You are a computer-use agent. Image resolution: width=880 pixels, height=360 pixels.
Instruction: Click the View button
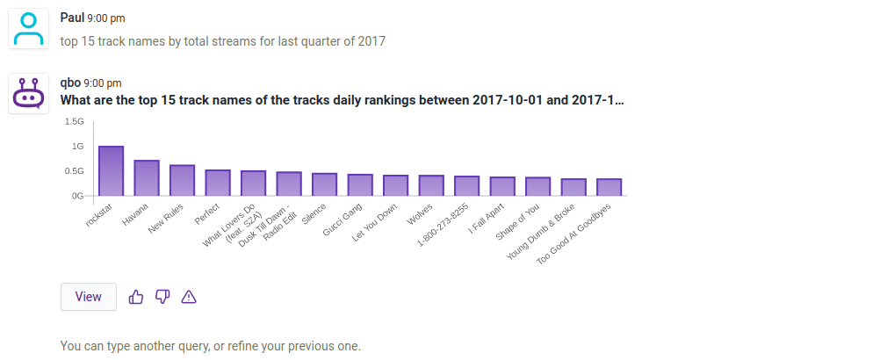[x=88, y=297]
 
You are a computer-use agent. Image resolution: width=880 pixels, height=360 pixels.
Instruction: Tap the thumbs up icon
[x=136, y=297]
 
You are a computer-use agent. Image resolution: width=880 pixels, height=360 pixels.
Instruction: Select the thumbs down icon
[x=162, y=297]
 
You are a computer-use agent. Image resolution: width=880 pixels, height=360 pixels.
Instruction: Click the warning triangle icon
[x=188, y=297]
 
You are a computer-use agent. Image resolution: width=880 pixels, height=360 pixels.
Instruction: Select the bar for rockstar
[x=111, y=171]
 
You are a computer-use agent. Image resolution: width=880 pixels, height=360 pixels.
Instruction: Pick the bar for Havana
[x=147, y=178]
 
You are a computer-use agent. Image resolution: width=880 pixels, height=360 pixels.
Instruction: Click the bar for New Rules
[x=182, y=180]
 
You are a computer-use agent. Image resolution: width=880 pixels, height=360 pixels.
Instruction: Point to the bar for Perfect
[x=218, y=183]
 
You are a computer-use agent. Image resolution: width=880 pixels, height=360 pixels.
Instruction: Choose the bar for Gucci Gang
[x=360, y=185]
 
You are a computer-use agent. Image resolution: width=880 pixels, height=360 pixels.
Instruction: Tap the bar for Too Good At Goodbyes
[x=610, y=187]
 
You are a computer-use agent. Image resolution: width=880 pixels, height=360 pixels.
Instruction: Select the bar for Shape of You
[x=538, y=186]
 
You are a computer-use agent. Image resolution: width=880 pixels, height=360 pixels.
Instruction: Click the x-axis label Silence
[x=314, y=214]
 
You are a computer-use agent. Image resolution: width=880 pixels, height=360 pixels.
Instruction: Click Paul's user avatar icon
[x=29, y=28]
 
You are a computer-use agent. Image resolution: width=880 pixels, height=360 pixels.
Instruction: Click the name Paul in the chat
[x=72, y=18]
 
